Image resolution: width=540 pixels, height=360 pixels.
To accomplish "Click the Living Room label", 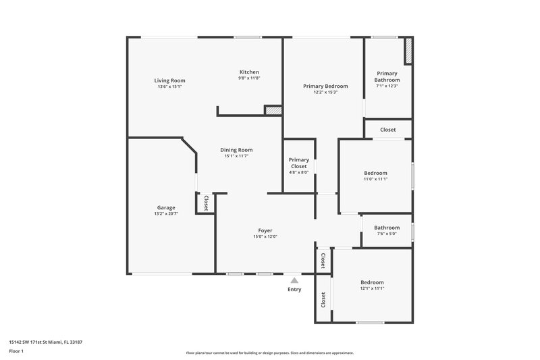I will point(169,80).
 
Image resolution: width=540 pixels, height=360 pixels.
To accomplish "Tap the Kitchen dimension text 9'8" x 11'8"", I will point(249,78).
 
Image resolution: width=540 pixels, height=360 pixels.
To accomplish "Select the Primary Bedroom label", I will point(325,86).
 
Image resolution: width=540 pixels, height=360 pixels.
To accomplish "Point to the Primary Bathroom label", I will point(387,76).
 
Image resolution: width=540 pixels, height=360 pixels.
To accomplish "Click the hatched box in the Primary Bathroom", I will point(408,51).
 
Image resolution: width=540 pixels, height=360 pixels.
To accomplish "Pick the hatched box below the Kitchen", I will point(273,110).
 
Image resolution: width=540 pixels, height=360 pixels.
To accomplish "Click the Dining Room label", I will point(237,150).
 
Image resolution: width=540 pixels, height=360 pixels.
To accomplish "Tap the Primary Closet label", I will point(298,163).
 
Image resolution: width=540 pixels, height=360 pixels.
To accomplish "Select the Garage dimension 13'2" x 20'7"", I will point(166,213).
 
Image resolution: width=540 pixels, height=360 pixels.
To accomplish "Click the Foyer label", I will point(265,230).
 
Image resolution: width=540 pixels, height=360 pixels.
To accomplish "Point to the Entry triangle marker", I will point(294,279).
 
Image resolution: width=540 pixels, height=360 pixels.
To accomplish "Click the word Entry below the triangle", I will point(294,289).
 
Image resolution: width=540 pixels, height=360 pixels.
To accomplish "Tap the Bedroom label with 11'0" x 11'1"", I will point(375,173).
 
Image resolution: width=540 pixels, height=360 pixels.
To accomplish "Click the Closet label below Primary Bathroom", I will point(387,130).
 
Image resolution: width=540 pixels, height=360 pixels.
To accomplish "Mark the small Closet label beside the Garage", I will point(206,203).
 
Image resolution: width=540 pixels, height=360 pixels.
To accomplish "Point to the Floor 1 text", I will point(17,352).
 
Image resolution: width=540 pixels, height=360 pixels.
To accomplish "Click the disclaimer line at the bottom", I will point(269,353).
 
